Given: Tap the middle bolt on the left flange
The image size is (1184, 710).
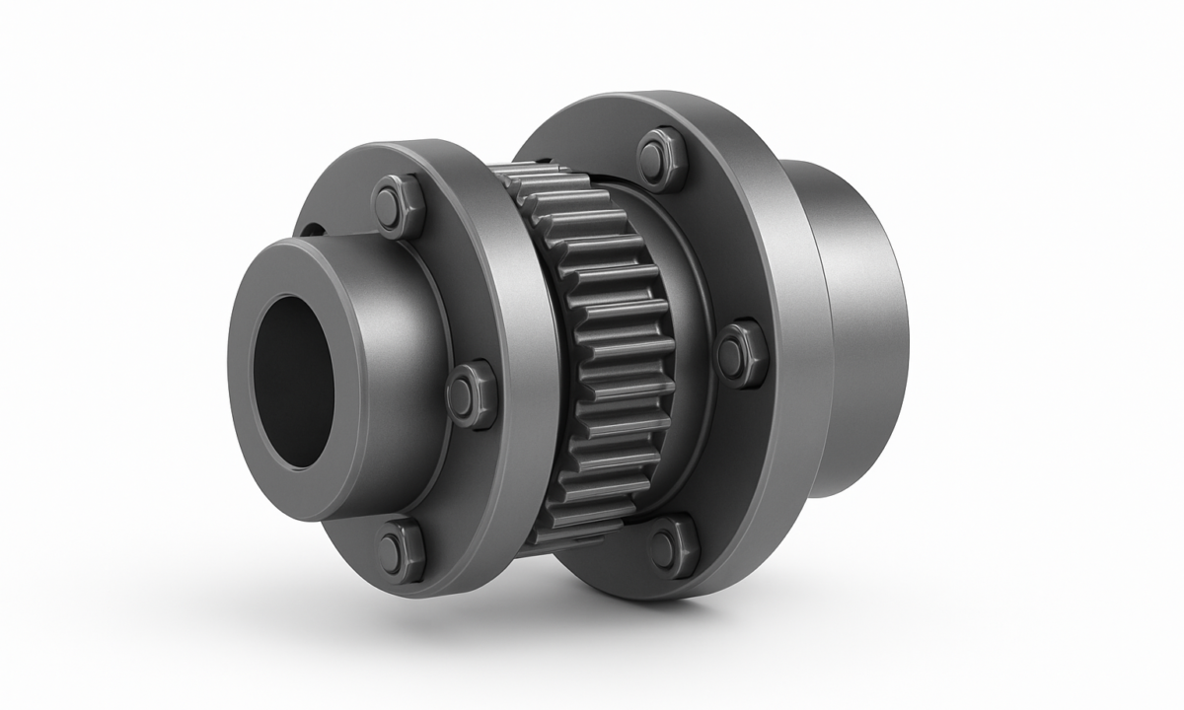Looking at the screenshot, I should (472, 393).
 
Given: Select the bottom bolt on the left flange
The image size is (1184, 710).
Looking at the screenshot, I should (401, 550).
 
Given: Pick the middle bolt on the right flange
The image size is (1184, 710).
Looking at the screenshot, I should (740, 354).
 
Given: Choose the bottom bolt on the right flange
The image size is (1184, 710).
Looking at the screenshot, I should (674, 545).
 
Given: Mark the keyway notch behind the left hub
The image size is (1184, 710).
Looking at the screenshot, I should (311, 231).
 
